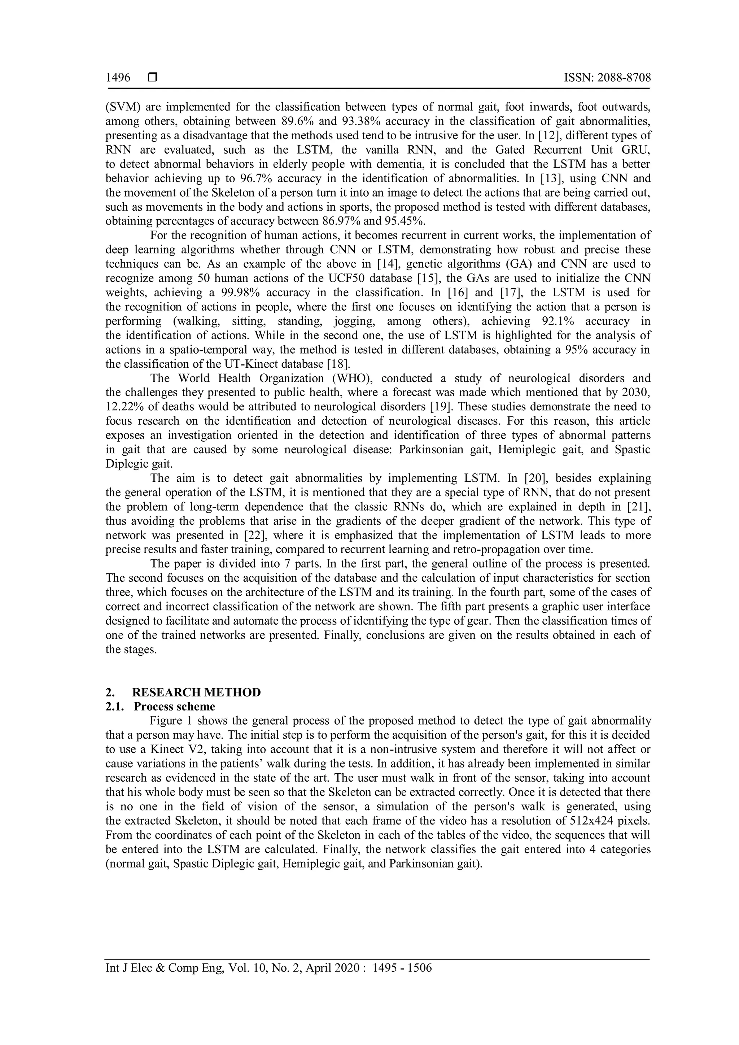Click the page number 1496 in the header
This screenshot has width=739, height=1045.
click(x=118, y=78)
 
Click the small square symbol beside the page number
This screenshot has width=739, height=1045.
click(x=152, y=78)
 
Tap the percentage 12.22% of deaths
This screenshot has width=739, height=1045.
click(x=124, y=406)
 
